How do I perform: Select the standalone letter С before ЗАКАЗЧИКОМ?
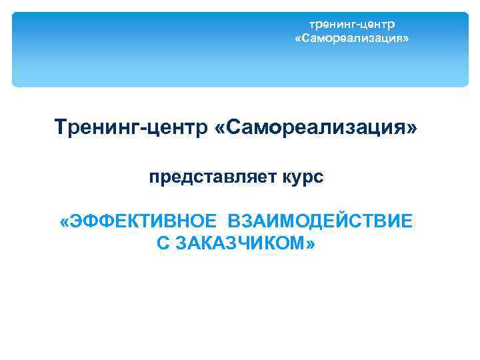point(163,243)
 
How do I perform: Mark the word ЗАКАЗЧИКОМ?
point(238,243)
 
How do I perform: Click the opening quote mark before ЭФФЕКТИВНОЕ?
point(65,221)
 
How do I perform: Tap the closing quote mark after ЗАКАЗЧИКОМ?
point(311,244)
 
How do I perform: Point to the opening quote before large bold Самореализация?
point(219,127)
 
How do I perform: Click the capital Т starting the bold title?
point(61,127)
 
